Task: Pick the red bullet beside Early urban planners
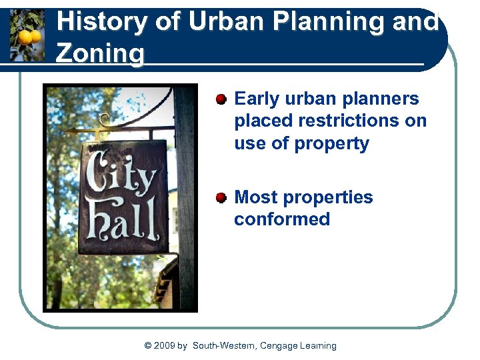(221, 99)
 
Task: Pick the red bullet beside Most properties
(221, 198)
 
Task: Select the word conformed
(281, 219)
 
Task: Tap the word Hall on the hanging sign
(121, 220)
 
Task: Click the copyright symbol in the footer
(148, 345)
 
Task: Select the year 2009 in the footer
(165, 345)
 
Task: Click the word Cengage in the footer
(278, 345)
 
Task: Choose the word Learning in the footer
(318, 345)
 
